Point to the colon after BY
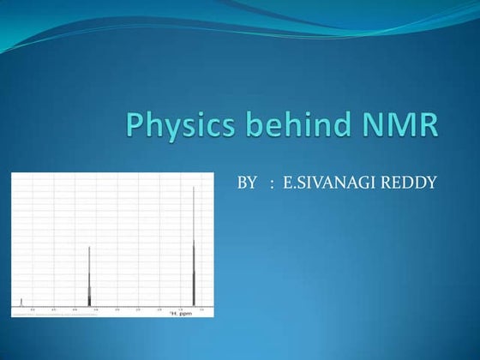[272, 183]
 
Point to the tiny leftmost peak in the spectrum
[21, 301]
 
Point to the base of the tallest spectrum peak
[194, 303]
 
